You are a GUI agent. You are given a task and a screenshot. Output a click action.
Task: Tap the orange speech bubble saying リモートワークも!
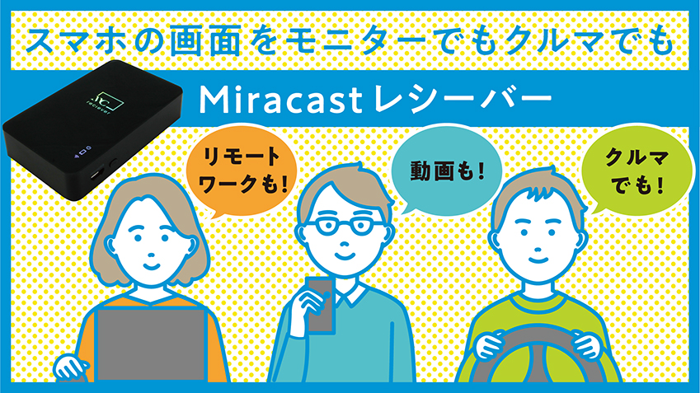point(242,171)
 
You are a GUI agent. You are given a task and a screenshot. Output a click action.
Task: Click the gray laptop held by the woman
point(152,344)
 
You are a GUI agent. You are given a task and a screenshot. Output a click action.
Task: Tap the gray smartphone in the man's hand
point(320,305)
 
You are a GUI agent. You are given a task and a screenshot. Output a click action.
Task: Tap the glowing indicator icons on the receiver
point(82,152)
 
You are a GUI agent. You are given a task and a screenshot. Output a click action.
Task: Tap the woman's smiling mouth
point(151,266)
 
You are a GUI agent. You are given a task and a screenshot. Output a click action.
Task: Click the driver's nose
point(537,245)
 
